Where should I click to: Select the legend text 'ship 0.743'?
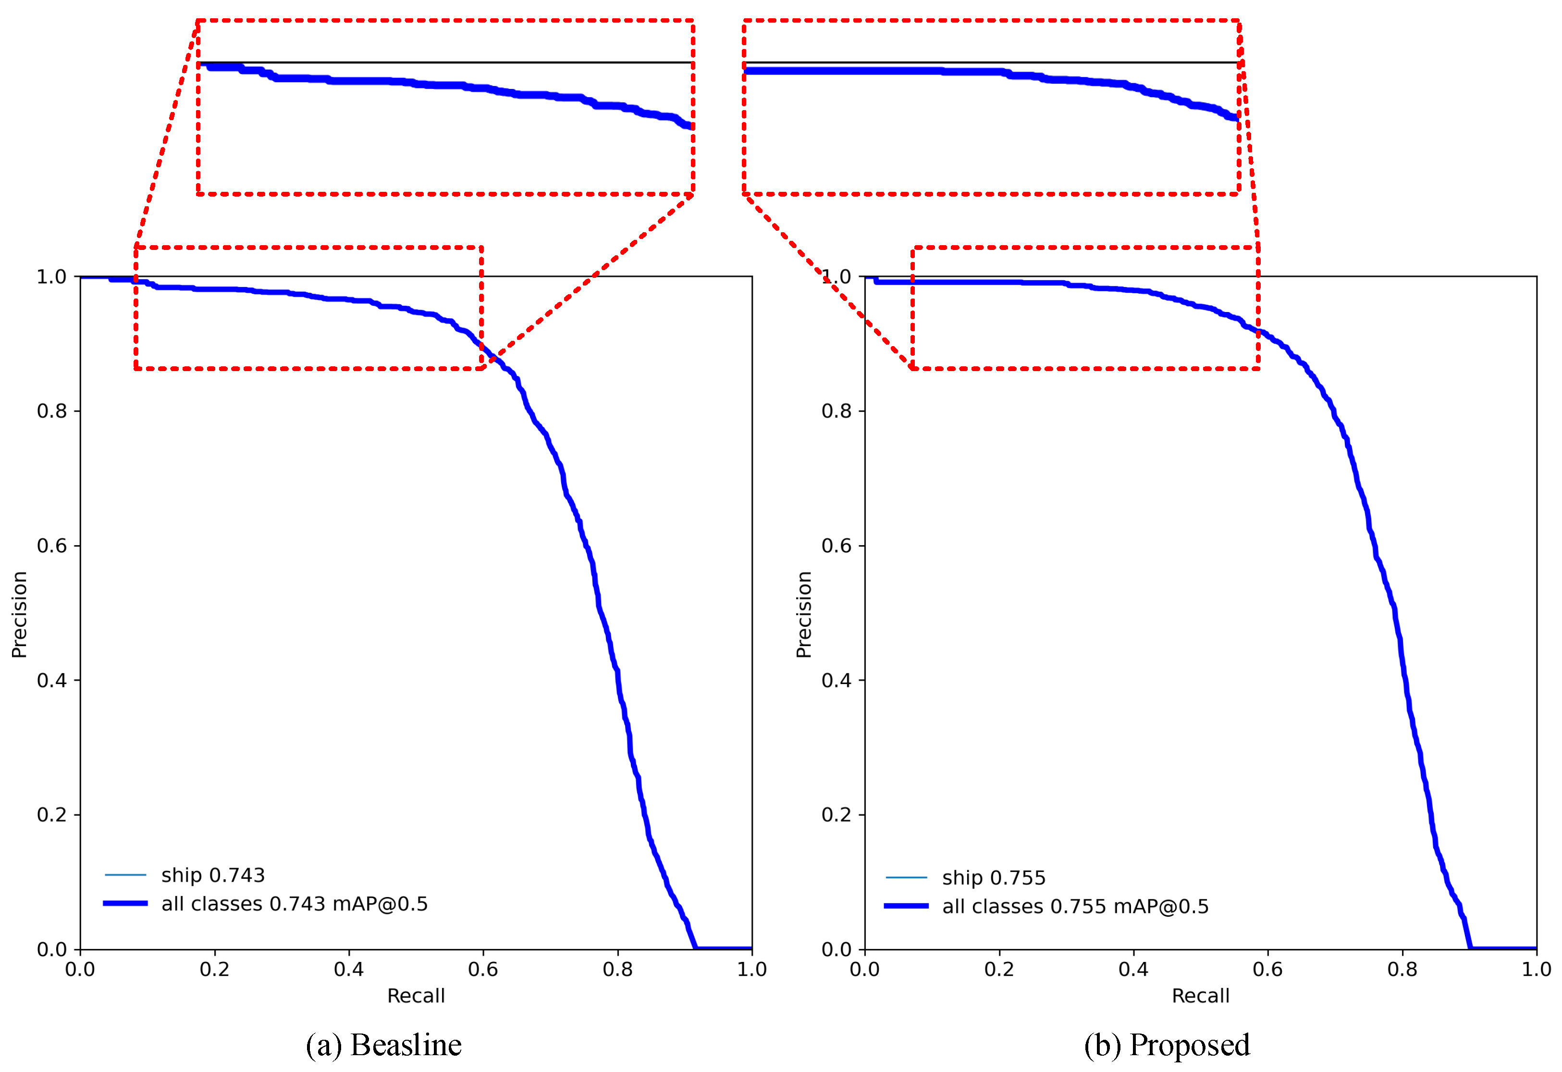[212, 875]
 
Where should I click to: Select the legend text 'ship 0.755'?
[994, 878]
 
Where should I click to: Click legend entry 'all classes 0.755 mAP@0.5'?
[1075, 907]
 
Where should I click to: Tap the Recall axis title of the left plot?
[416, 996]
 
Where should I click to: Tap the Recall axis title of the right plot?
[1200, 996]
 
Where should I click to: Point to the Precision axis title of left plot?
[20, 614]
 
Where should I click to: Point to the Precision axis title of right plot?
[804, 614]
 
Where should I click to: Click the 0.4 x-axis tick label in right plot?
[1133, 969]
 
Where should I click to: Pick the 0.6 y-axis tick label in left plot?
[52, 546]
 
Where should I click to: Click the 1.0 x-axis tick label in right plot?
[1537, 969]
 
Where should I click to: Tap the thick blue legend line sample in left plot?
[125, 903]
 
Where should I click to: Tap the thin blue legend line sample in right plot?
[906, 878]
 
